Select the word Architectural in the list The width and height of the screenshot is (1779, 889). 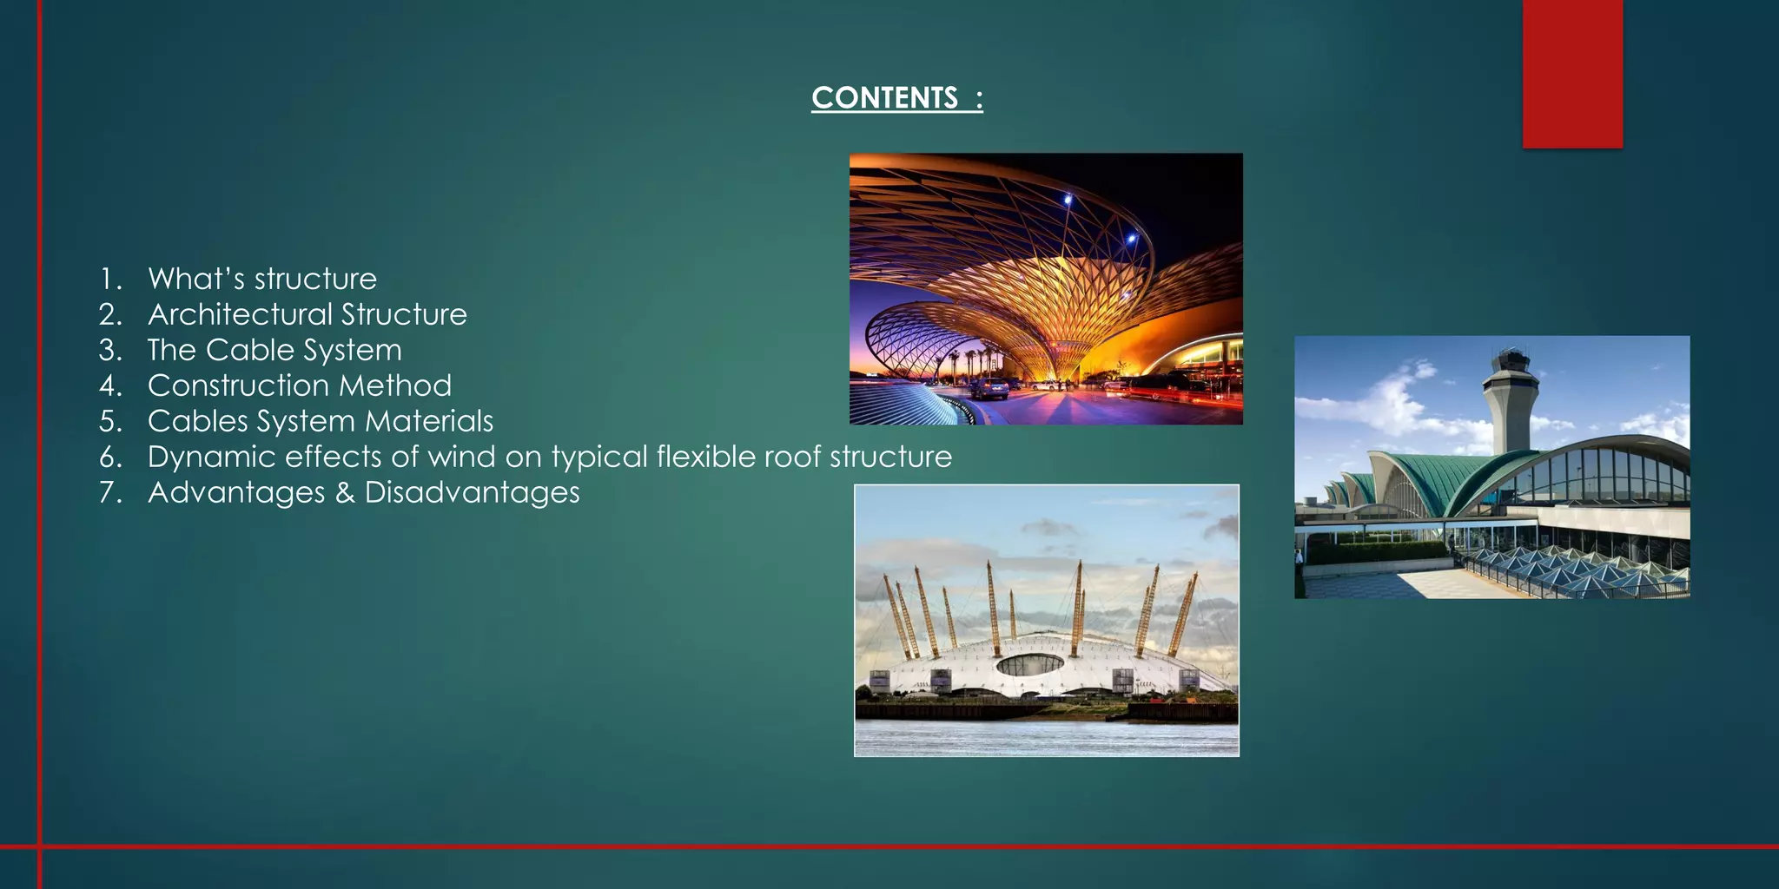click(239, 314)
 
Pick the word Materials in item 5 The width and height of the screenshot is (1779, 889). click(429, 421)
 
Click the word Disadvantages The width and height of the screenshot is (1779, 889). click(472, 492)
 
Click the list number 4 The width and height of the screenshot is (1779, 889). click(109, 385)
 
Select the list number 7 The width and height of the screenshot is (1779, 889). click(109, 492)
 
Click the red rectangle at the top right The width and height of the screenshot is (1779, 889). click(1572, 74)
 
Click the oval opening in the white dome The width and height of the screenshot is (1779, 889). click(1029, 665)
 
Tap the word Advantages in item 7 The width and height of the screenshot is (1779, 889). click(236, 492)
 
